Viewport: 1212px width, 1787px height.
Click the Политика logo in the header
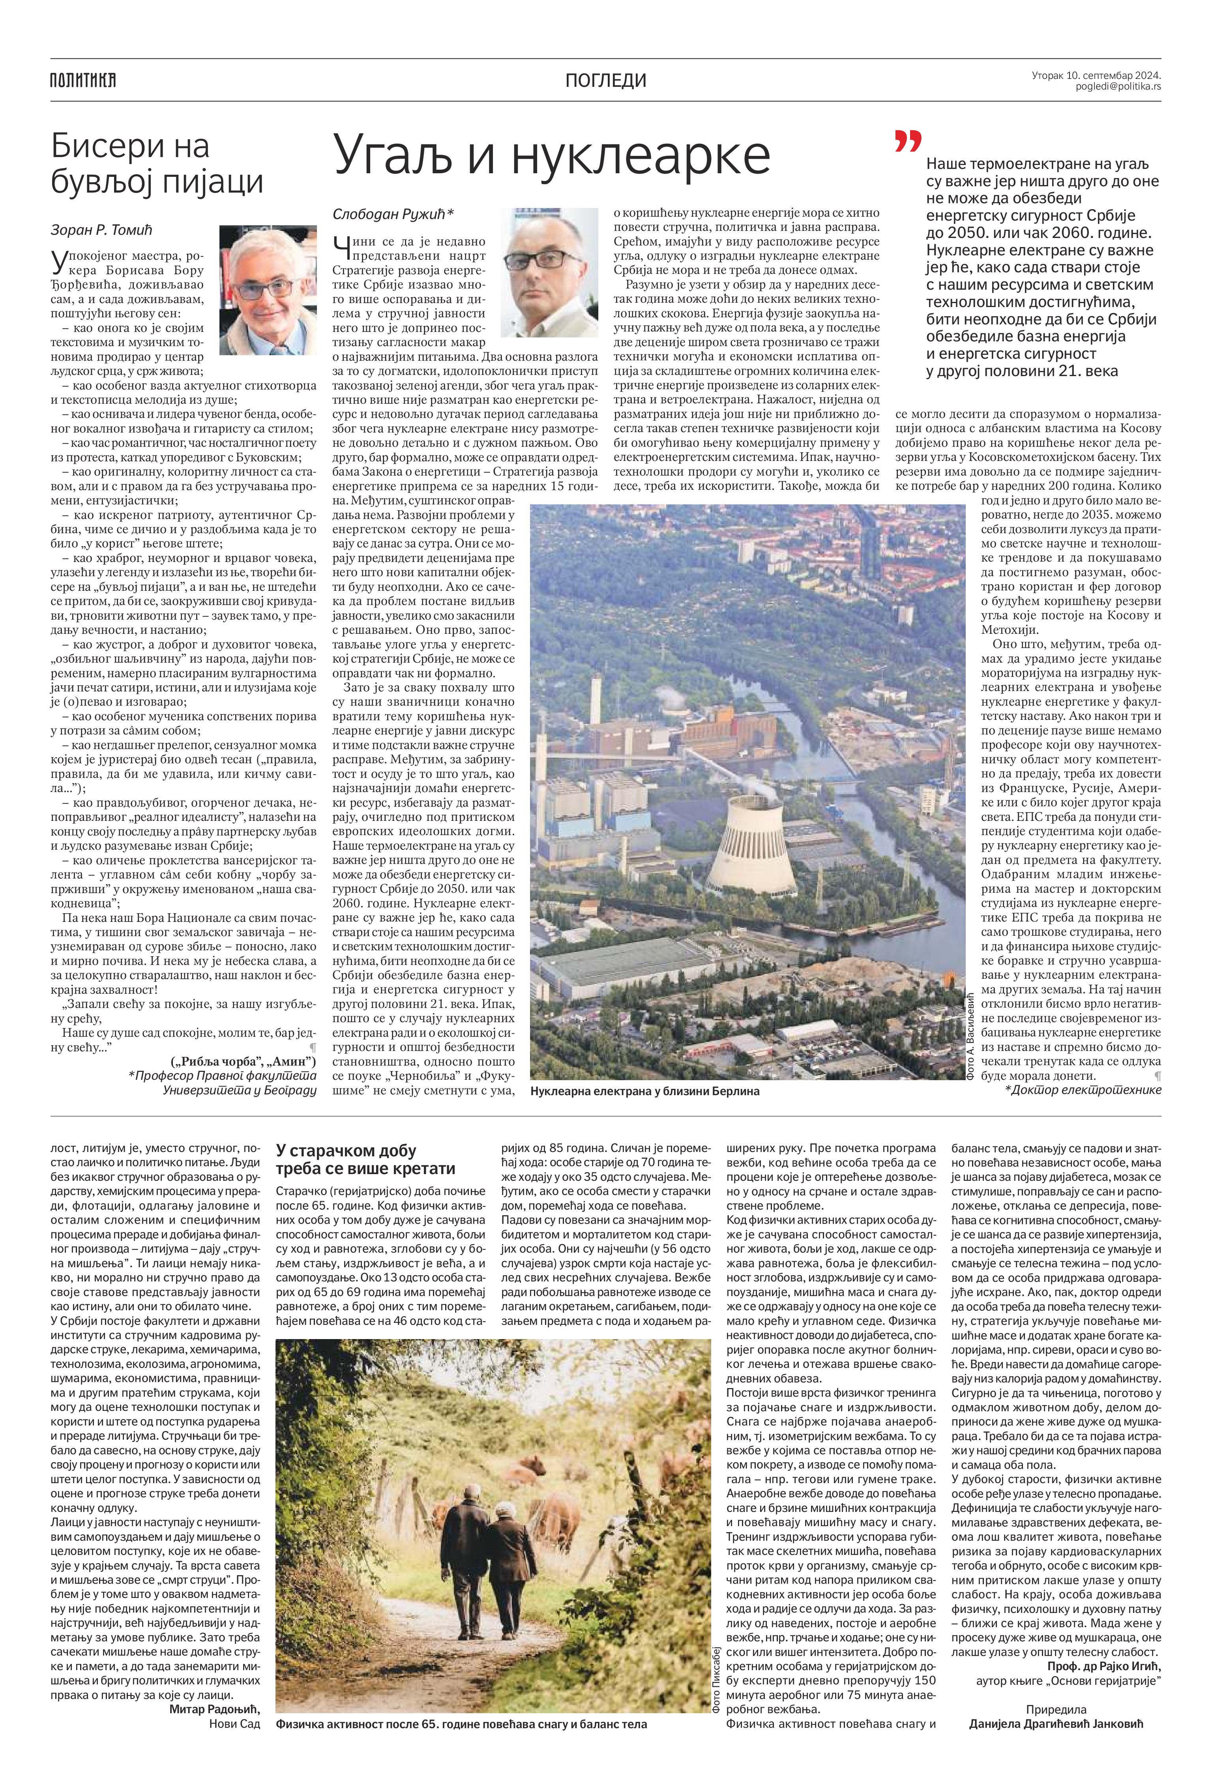click(x=82, y=80)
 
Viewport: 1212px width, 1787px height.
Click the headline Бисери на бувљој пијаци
click(x=157, y=165)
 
